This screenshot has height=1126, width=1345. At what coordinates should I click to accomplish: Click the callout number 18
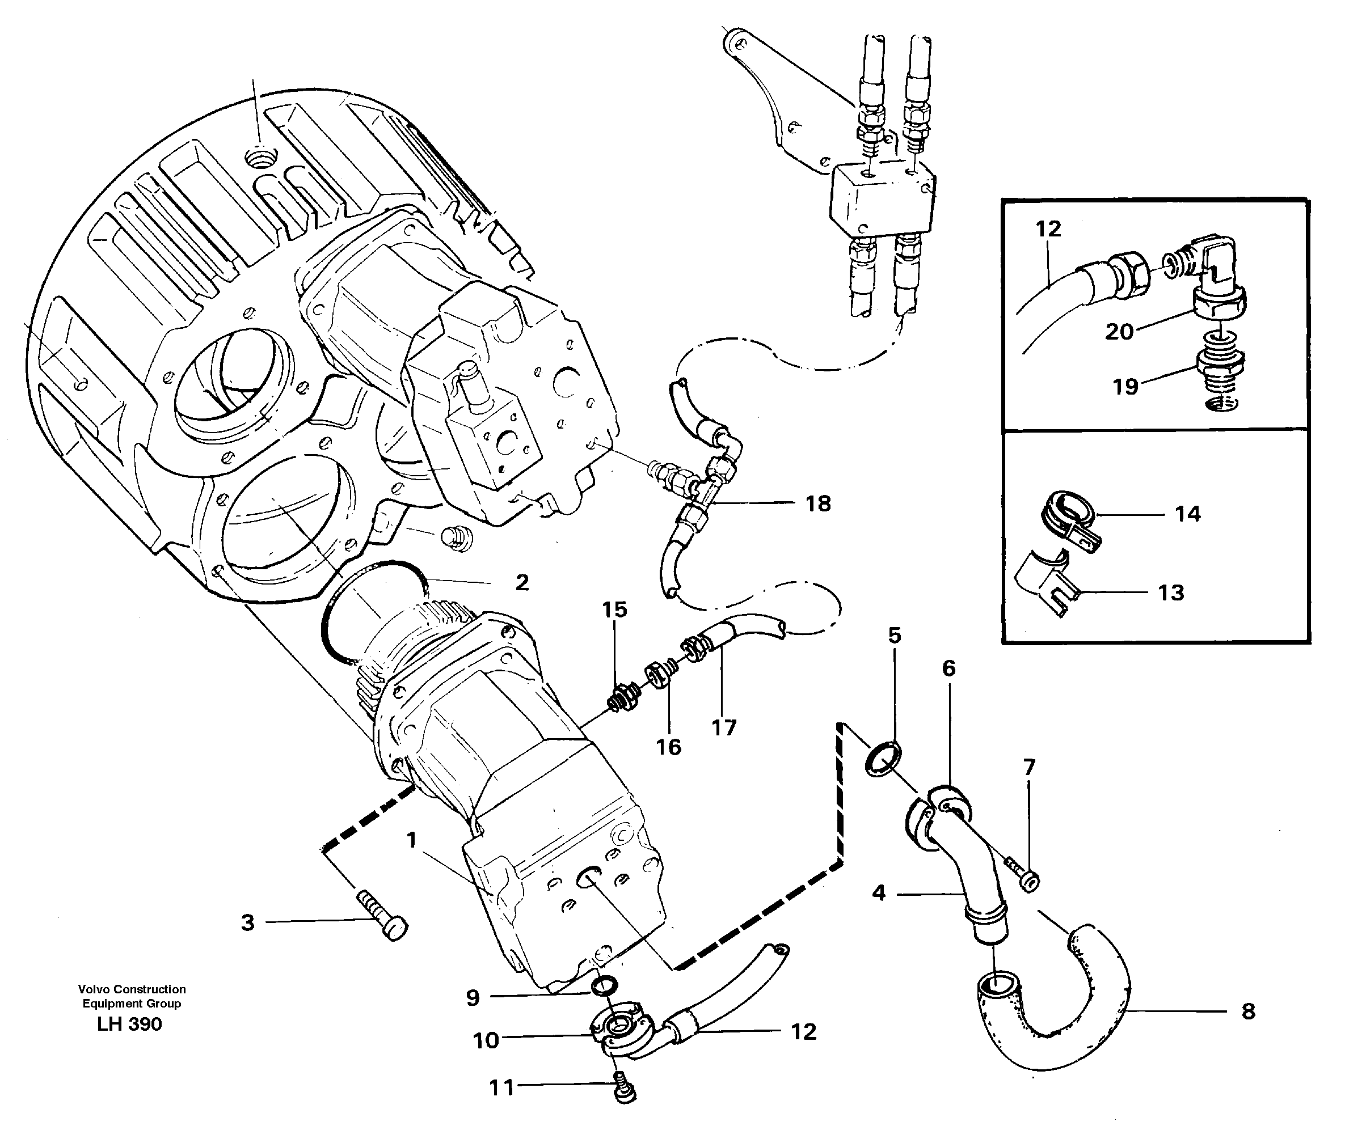(818, 504)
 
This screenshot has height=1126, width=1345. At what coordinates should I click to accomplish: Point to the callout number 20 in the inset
(1119, 332)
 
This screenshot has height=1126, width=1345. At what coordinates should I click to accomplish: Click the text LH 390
(129, 1024)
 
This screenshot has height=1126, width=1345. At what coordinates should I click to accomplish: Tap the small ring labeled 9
(604, 987)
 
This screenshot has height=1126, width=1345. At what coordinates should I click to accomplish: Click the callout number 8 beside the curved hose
(1247, 1011)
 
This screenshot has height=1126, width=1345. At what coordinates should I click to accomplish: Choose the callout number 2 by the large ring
(522, 582)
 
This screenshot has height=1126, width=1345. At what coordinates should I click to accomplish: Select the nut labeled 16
(660, 675)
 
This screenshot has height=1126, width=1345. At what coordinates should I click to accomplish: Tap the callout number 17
(724, 727)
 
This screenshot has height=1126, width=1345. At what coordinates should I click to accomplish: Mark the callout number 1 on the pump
(412, 840)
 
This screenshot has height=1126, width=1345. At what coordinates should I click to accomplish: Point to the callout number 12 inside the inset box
(1048, 228)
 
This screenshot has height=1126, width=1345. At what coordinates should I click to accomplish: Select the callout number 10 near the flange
(486, 1041)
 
